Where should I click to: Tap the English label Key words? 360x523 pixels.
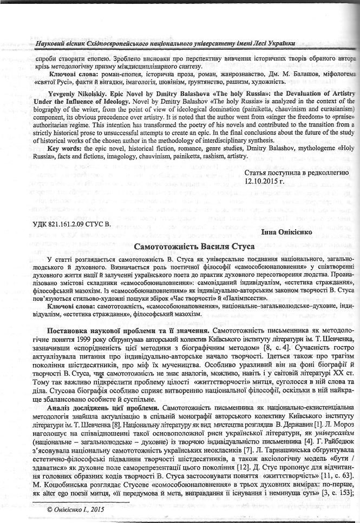pyautogui.click(x=64, y=149)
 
